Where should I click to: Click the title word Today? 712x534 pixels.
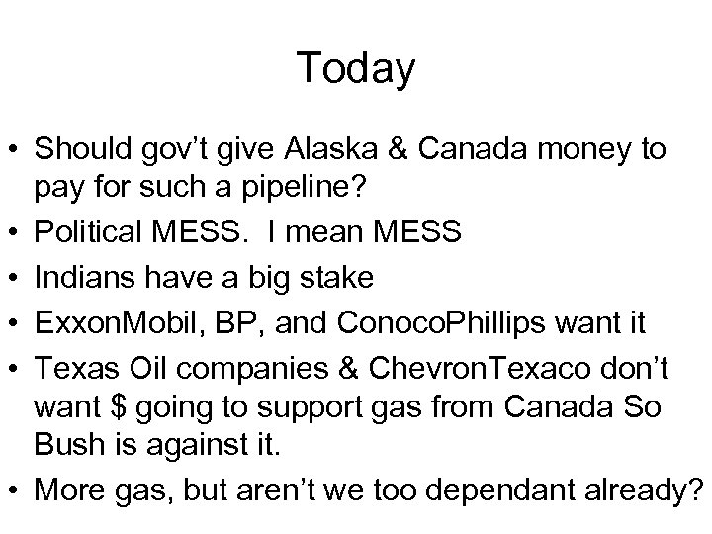[355, 68]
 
